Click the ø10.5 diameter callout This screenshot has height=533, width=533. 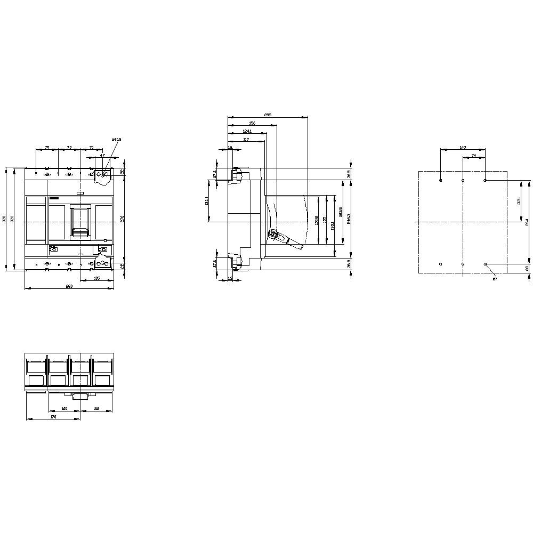coord(117,140)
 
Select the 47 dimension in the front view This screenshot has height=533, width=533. coord(103,155)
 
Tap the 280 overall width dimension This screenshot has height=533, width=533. coord(69,287)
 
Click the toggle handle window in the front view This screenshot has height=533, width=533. coord(80,220)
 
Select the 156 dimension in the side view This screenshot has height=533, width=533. coord(252,123)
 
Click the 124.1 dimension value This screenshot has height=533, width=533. coord(247,131)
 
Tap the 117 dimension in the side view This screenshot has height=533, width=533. coord(246,139)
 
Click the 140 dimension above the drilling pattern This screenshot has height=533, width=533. coord(463,147)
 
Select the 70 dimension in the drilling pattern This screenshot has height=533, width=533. coord(474,155)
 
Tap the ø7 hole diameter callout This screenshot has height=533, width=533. coord(495,278)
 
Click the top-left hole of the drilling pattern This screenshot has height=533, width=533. coord(440,181)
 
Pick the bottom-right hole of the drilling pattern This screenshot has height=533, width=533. coord(485,264)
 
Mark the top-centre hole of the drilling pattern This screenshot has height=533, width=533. coord(463,181)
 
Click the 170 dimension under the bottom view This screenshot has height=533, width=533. coord(53,417)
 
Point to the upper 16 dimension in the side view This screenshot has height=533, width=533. coord(230,147)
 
